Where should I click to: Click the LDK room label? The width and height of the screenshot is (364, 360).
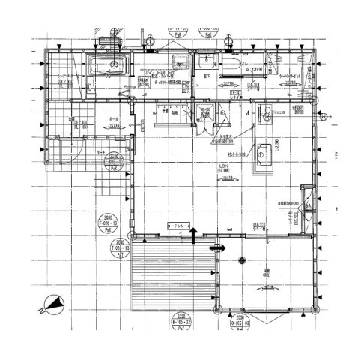tap(222, 168)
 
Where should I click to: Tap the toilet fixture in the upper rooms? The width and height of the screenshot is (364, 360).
tap(229, 67)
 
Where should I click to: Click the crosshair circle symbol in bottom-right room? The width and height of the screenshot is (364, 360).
tap(241, 261)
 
